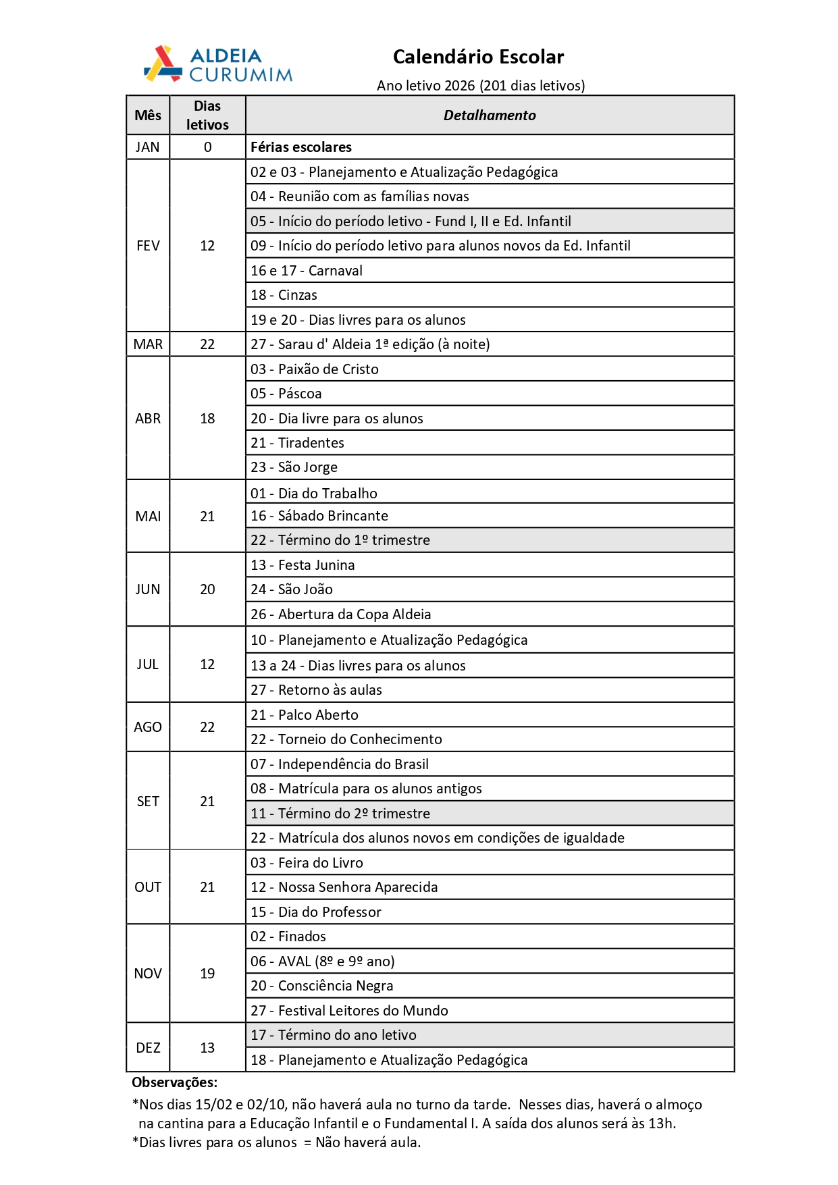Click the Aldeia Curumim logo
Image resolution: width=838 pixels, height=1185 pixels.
tap(218, 64)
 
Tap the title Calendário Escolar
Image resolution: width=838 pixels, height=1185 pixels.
tap(478, 57)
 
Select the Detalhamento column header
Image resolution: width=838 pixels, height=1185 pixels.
tap(490, 115)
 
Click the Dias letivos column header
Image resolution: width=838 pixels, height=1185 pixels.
tap(207, 115)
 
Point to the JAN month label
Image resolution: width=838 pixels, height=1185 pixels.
tap(147, 147)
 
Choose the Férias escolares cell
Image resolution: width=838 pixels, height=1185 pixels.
tap(301, 147)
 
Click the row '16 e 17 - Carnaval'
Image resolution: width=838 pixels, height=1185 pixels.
tap(307, 271)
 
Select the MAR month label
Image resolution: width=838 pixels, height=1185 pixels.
tap(148, 344)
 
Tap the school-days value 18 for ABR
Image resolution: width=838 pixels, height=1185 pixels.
tap(207, 419)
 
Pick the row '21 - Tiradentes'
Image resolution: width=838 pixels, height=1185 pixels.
tap(298, 443)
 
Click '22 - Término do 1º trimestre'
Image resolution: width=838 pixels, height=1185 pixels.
tap(340, 540)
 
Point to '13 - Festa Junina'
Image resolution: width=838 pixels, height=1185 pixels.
tap(303, 565)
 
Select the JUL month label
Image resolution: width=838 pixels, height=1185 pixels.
tap(147, 664)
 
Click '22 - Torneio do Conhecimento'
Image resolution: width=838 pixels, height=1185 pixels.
tap(346, 739)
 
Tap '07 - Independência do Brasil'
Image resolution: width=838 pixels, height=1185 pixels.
tap(340, 764)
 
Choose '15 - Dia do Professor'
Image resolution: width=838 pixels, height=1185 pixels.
tap(316, 912)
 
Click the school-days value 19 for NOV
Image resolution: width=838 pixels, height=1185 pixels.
tap(207, 974)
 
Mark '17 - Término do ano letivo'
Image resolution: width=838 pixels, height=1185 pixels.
tap(334, 1035)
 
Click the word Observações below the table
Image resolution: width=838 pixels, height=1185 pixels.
tap(174, 1082)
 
